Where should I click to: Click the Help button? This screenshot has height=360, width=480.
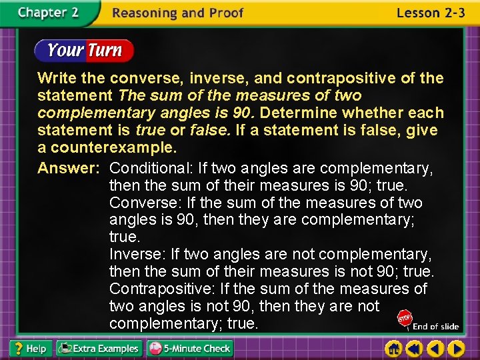coord(29,348)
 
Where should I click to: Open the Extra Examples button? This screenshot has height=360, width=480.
coord(99,348)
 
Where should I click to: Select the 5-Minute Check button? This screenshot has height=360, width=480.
coord(190,348)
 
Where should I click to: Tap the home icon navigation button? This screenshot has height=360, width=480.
coord(394,348)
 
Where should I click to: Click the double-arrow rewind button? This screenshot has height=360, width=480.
coord(415,348)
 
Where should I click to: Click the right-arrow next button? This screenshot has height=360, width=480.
coord(457,348)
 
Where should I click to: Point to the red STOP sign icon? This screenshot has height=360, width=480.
coord(404,319)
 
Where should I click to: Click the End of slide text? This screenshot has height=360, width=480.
coord(436,327)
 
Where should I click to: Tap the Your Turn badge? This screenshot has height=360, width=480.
coord(84,50)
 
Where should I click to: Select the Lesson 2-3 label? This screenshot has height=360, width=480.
coord(430,13)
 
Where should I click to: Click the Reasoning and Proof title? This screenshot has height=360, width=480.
coord(178,13)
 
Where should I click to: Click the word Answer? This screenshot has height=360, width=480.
coord(68,168)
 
